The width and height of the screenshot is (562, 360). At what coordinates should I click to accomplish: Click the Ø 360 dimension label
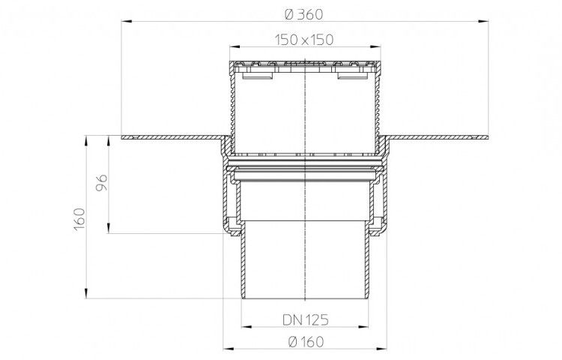pyautogui.click(x=304, y=14)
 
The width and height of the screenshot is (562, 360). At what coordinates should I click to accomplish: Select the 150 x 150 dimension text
pyautogui.click(x=304, y=40)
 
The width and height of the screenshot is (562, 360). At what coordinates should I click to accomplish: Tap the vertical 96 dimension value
pyautogui.click(x=102, y=183)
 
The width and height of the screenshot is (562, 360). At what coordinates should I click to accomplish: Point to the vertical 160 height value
pyautogui.click(x=79, y=219)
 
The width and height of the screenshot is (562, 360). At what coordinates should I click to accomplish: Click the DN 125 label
pyautogui.click(x=306, y=319)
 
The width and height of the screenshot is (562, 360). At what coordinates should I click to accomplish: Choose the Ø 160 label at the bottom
pyautogui.click(x=306, y=342)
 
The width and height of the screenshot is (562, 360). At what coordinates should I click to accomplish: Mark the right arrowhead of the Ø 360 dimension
pyautogui.click(x=483, y=22)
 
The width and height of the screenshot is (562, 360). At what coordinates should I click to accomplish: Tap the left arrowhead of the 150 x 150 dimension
pyautogui.click(x=235, y=46)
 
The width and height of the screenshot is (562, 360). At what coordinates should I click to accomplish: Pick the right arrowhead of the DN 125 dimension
pyautogui.click(x=363, y=327)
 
